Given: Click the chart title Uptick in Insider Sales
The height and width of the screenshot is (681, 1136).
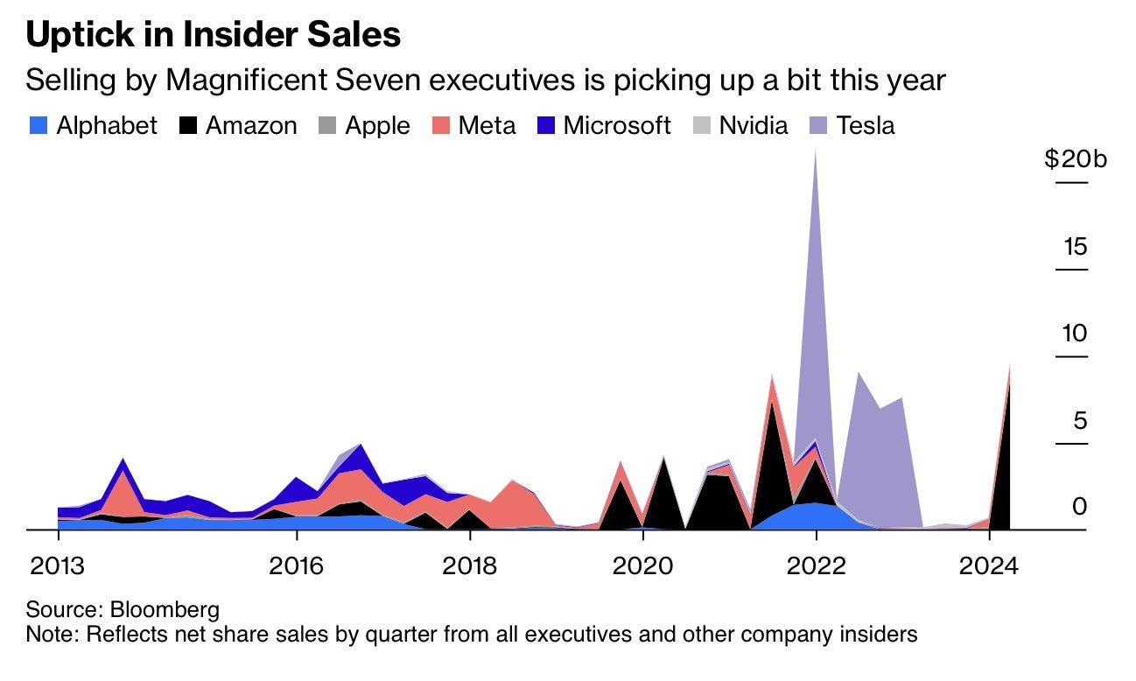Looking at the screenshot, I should pyautogui.click(x=214, y=35).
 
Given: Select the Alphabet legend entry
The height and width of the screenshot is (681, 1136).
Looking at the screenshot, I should pyautogui.click(x=92, y=125).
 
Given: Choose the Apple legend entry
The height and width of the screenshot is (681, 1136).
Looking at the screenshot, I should pyautogui.click(x=362, y=125).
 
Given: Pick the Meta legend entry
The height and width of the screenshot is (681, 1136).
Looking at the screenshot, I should pyautogui.click(x=473, y=125).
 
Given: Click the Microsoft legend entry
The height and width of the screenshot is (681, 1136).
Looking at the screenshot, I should pyautogui.click(x=602, y=125).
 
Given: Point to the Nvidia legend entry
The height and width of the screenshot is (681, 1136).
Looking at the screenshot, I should pyautogui.click(x=740, y=125).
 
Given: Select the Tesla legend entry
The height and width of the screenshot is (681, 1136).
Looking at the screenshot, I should pyautogui.click(x=851, y=125).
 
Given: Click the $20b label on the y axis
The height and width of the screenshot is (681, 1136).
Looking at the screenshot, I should pyautogui.click(x=1075, y=159).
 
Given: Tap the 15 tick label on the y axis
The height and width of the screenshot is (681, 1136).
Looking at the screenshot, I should pyautogui.click(x=1074, y=247).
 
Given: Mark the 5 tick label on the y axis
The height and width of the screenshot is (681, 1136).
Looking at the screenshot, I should pyautogui.click(x=1079, y=421).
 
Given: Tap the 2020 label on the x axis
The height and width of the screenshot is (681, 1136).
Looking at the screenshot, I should pyautogui.click(x=643, y=565).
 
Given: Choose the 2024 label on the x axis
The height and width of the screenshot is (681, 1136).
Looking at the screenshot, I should pyautogui.click(x=989, y=565).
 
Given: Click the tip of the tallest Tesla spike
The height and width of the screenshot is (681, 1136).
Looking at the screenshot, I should pyautogui.click(x=816, y=151).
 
